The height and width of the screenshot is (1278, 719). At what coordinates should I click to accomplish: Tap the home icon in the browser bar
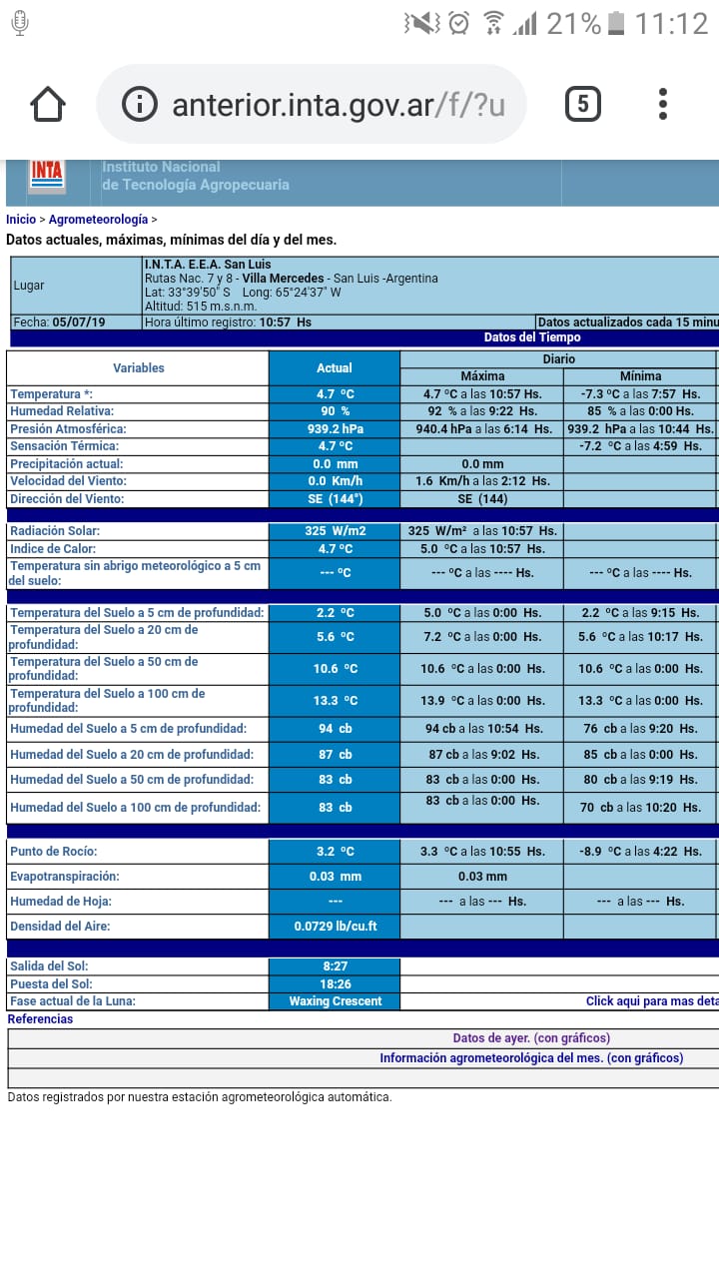point(48,104)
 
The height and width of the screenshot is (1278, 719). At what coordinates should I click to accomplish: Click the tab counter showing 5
point(583,104)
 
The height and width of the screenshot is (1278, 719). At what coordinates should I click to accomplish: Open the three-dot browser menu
point(663,104)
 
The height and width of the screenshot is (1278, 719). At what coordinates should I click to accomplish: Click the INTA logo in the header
point(47,175)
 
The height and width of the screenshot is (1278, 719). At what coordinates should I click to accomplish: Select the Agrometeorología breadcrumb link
point(98,220)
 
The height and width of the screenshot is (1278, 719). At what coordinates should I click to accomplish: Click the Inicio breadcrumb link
point(20,220)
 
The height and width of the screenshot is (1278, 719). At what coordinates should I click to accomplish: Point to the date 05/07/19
point(79,322)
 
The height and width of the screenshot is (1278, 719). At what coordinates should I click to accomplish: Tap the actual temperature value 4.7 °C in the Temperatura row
point(335,394)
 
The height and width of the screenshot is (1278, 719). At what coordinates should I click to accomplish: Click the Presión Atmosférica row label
point(68,429)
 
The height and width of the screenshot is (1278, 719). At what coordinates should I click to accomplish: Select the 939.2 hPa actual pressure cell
point(335,429)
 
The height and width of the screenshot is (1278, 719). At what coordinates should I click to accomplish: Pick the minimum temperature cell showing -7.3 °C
point(640,394)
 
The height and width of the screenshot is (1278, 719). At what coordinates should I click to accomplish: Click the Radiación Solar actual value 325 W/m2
point(335,531)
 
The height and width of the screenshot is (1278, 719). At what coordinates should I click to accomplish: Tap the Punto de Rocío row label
point(54,852)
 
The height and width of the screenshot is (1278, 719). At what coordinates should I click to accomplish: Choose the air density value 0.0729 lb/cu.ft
point(335,927)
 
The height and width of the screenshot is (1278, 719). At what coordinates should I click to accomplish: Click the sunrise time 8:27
point(335,966)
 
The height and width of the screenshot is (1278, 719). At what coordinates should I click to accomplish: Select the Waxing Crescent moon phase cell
point(335,1001)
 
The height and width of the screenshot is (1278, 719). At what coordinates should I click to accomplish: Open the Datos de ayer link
point(531,1038)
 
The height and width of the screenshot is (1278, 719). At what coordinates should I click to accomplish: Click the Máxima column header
point(482,376)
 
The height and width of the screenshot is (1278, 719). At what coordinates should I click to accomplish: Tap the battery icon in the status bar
point(617,22)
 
